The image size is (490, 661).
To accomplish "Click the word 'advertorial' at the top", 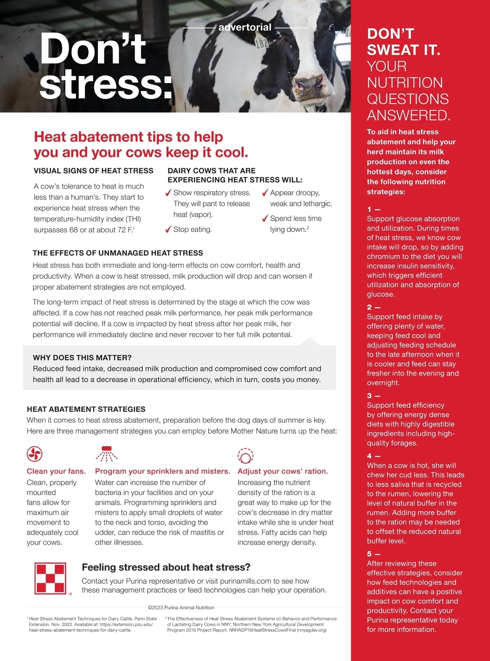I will [x=245, y=27].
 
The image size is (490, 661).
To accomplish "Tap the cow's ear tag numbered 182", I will [x=261, y=42].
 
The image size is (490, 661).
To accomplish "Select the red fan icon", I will [x=35, y=453].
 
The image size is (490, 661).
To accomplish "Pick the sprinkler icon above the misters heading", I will [x=107, y=453].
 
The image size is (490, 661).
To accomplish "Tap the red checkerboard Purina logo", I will [x=50, y=578].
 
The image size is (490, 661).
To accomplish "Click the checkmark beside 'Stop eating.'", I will [x=168, y=229].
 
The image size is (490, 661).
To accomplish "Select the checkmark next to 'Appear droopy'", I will [x=265, y=193].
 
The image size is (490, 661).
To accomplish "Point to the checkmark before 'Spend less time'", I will [x=265, y=219].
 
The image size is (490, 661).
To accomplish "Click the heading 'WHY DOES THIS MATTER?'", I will [x=82, y=357].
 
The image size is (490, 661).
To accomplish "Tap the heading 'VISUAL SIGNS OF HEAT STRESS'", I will [x=94, y=171].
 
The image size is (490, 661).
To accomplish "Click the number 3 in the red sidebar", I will [x=370, y=395].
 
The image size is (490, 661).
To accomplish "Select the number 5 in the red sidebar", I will [x=370, y=554].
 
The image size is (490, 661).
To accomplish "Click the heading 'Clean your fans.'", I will [x=56, y=471].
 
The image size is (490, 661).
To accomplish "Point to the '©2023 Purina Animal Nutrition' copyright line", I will [x=181, y=607].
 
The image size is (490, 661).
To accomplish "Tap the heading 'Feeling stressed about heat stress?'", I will [x=166, y=567].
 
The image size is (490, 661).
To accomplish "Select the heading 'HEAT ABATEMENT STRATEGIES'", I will [x=86, y=409].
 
